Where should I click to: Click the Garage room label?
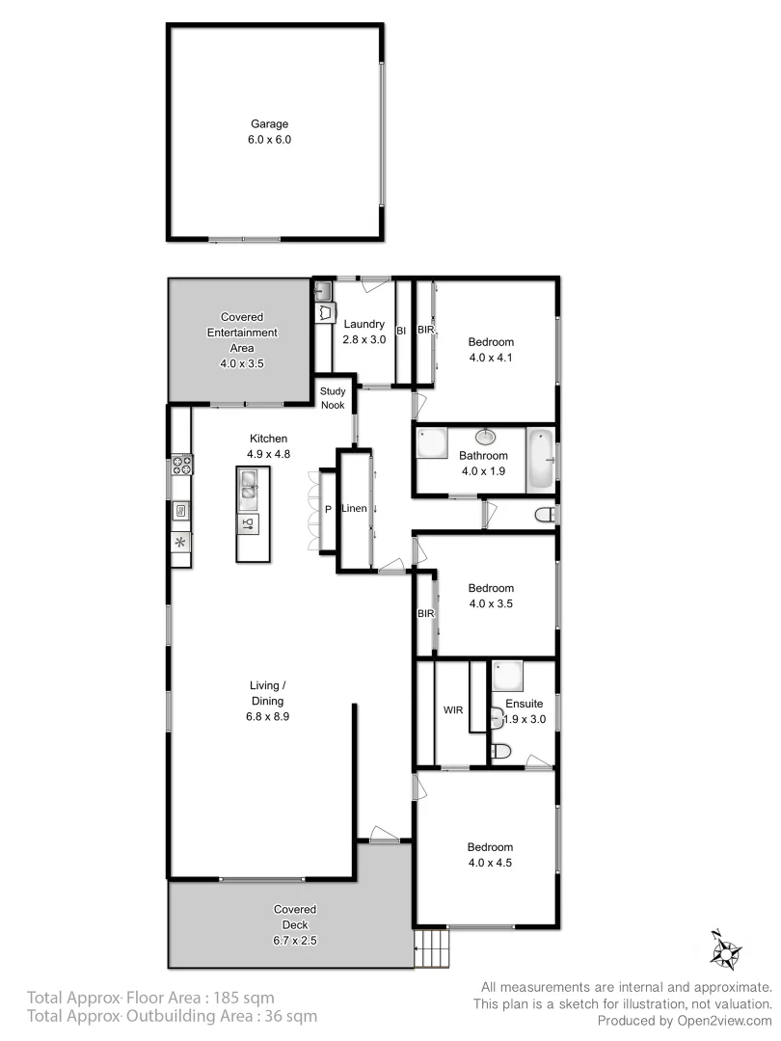click(x=270, y=124)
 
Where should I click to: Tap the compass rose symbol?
click(x=724, y=949)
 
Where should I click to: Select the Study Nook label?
click(x=333, y=398)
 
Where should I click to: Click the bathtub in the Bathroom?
click(x=542, y=460)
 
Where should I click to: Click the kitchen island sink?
click(x=250, y=484)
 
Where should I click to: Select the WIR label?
click(x=453, y=710)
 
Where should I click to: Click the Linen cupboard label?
click(x=355, y=508)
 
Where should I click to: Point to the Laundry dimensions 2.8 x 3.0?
click(x=364, y=339)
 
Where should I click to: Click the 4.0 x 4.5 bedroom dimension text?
click(x=490, y=863)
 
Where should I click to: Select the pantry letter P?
click(x=328, y=508)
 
